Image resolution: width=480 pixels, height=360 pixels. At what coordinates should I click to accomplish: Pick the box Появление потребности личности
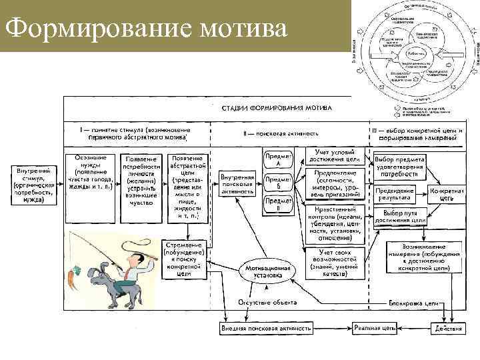[141, 179]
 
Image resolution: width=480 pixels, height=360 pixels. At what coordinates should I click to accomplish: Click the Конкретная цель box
[443, 195]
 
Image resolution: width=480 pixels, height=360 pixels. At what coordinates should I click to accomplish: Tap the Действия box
[444, 328]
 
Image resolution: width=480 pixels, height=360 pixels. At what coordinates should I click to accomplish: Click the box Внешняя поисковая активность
[265, 328]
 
